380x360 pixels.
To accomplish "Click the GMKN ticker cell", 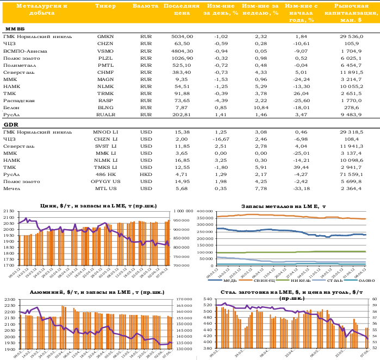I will coord(105,36).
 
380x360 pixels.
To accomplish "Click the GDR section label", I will coord(11,124).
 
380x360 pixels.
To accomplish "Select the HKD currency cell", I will coord(145,174).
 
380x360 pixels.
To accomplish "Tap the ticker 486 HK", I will coord(105,174).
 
